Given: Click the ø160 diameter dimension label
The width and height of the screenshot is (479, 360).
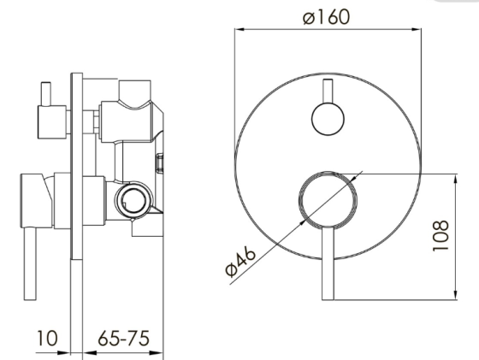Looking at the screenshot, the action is [326, 17].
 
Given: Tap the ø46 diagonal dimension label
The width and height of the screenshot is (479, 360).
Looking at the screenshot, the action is [240, 262].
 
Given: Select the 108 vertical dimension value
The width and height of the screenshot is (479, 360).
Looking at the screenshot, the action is [441, 235].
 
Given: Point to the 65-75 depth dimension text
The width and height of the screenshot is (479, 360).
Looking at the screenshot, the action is [124, 338].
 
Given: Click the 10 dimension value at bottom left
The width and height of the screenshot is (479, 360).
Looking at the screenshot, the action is [47, 338].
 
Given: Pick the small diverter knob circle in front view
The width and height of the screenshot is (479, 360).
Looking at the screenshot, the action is [328, 119].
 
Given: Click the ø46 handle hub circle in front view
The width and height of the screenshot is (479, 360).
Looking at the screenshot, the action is [328, 200].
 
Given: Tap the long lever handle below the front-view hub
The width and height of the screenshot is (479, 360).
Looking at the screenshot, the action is [328, 263].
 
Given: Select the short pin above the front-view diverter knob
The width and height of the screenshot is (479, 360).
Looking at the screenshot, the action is [328, 91].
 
